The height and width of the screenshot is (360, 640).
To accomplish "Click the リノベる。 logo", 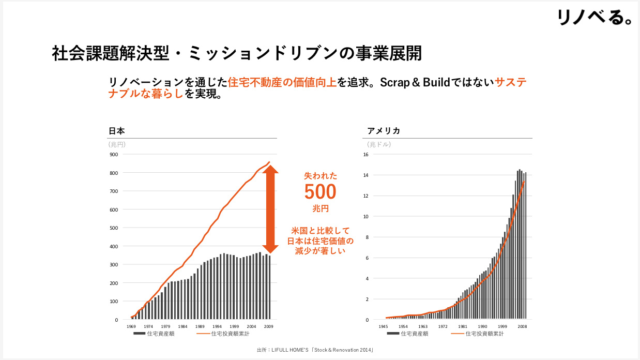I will point(595,17).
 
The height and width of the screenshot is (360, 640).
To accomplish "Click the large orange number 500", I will point(320,192).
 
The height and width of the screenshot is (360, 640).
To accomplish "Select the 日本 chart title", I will point(116,131).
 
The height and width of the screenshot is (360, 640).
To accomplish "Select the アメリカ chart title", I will point(384,131).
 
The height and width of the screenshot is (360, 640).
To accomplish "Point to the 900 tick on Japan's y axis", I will point(113,154).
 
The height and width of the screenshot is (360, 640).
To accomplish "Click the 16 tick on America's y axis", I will point(365,154).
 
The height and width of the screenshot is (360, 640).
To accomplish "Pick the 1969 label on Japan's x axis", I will point(131,326).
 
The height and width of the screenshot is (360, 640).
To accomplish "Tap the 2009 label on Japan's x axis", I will point(268,326).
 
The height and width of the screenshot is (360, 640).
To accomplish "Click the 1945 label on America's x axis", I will point(383,326).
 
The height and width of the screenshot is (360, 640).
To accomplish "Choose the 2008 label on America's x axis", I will point(522,326).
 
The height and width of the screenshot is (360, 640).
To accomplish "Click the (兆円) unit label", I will point(117,144).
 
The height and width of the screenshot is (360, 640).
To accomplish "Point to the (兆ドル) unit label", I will point(379,144).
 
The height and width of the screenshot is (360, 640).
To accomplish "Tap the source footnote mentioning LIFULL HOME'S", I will point(315,350).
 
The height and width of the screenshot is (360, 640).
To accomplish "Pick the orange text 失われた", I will point(320,176).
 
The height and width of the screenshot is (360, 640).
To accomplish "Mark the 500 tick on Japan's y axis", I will point(113,228).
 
